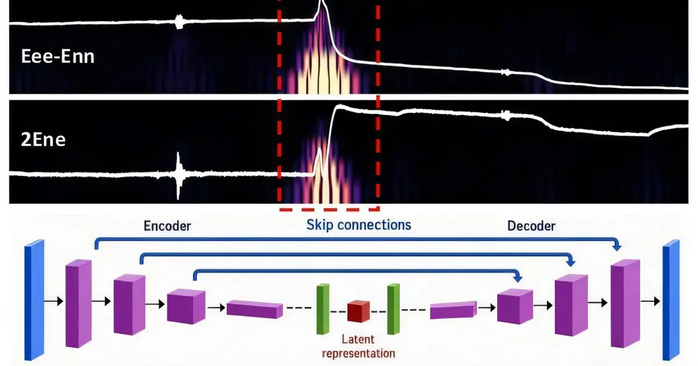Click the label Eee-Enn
tap(58, 57)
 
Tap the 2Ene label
tap(43, 140)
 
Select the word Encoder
tap(168, 226)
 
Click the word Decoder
tap(531, 226)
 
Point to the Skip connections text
tap(359, 225)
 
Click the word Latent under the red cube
tap(358, 339)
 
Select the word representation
tap(358, 354)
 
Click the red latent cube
tap(359, 311)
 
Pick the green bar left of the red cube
tap(323, 309)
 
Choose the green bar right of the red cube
tap(394, 309)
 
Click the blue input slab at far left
tap(34, 300)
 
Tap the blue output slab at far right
tap(671, 300)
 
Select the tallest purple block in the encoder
tap(79, 303)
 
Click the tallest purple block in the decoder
tap(625, 303)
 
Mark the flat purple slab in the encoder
tap(255, 309)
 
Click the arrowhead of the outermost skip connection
tap(617, 247)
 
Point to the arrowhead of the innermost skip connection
tap(518, 278)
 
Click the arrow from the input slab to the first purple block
tap(54, 301)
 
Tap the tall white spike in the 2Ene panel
tap(178, 176)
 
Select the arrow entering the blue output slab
tap(650, 301)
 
